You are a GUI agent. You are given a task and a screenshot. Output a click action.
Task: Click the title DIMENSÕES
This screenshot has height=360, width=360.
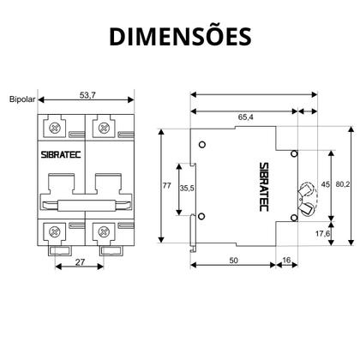click(x=179, y=35)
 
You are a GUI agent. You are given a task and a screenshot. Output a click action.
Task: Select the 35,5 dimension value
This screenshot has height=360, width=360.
click(x=187, y=188)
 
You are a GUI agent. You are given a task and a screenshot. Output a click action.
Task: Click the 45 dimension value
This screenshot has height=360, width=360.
click(x=324, y=183)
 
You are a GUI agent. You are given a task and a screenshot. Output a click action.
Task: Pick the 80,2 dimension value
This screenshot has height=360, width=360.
click(x=342, y=182)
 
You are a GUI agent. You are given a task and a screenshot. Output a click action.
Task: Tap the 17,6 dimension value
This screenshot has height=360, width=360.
click(x=323, y=232)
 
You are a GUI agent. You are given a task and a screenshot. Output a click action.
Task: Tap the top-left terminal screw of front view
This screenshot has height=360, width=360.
click(x=57, y=129)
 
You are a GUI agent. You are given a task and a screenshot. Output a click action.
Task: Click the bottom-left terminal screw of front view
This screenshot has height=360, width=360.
click(x=57, y=231)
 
